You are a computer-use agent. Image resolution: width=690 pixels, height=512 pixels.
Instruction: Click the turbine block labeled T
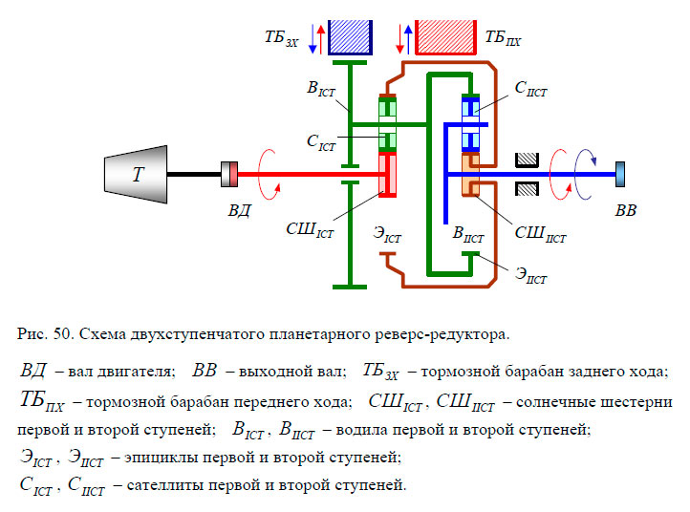[138, 173]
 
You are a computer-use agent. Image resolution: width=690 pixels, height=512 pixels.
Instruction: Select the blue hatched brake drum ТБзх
[351, 36]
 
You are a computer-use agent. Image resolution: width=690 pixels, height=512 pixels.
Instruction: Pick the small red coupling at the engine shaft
[229, 174]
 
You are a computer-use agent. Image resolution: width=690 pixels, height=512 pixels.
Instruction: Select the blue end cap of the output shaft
[622, 174]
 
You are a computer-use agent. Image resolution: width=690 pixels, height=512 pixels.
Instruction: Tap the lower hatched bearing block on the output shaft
[528, 189]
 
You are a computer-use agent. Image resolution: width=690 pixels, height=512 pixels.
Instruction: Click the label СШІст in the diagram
[311, 229]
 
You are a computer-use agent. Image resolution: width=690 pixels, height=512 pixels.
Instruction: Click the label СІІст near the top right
[530, 89]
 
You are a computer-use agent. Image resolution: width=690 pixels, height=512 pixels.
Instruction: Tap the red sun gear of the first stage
[388, 174]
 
